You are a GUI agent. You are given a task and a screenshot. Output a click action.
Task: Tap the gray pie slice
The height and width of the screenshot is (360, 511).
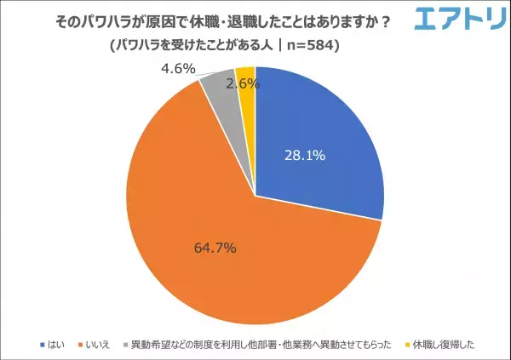tap(217, 83)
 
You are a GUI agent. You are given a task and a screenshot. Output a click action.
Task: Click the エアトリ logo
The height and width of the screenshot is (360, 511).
tap(456, 19)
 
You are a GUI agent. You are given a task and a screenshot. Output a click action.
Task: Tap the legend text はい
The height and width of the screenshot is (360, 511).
tap(56, 345)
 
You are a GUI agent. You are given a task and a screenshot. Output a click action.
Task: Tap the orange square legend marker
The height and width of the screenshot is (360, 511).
tap(79, 345)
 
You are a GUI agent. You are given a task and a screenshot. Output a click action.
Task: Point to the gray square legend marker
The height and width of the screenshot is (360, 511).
tap(126, 345)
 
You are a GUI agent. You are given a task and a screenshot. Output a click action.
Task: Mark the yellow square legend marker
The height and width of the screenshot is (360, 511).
tap(406, 345)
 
